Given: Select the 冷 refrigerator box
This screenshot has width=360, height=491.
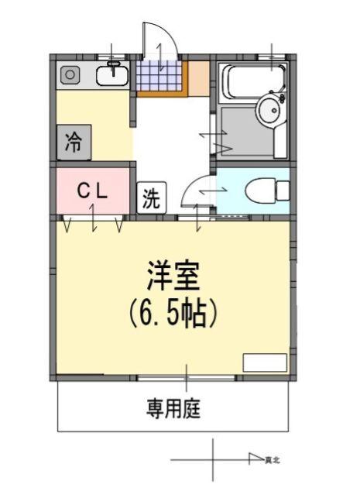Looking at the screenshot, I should (x=74, y=142).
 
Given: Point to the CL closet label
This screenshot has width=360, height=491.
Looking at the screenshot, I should (x=92, y=189).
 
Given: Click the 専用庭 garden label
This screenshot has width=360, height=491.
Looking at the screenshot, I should (x=173, y=409).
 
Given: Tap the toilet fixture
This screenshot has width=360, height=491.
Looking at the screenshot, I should (x=267, y=190).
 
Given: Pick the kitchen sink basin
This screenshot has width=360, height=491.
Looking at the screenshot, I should (x=113, y=75).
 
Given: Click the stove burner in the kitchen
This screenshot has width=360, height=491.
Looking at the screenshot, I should (x=69, y=75).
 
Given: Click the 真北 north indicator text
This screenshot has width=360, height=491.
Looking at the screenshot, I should (x=272, y=460).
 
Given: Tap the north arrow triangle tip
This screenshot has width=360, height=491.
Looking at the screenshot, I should (x=262, y=459).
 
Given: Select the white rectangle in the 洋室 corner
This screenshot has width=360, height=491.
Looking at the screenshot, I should (x=264, y=362).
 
